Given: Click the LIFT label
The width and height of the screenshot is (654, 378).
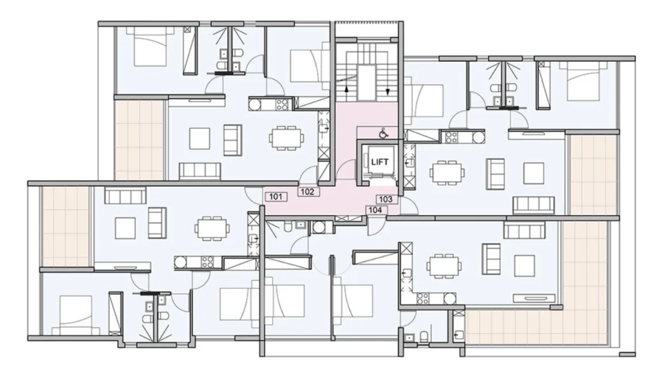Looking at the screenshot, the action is click(379, 162).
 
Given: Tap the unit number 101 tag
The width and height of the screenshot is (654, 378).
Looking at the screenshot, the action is click(276, 197).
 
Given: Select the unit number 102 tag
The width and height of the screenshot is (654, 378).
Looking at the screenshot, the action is click(308, 192).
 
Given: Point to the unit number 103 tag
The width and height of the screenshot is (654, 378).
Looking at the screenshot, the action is click(386, 199).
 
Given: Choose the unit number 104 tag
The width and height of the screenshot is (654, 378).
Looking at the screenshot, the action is click(376, 210).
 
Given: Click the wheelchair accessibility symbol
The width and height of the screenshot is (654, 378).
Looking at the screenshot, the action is click(383, 134).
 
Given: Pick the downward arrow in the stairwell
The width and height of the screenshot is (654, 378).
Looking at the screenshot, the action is click(387, 90).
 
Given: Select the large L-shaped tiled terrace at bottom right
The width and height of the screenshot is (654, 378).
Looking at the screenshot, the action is click(542, 317).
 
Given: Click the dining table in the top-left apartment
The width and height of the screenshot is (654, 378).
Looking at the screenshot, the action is click(287, 137).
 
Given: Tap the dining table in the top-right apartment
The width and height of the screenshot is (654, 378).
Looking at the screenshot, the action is click(448, 172).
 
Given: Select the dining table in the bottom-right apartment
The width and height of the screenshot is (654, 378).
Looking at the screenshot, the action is click(444, 265).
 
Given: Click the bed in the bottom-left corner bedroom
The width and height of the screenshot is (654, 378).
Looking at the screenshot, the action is click(76, 315).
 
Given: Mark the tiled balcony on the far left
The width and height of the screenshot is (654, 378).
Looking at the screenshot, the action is click(66, 226).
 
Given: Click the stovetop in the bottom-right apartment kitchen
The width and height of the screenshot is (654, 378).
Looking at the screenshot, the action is click(423, 298).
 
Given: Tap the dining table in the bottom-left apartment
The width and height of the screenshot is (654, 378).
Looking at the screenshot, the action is click(212, 228).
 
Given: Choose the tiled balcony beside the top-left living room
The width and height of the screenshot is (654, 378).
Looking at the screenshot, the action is click(139, 140).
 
